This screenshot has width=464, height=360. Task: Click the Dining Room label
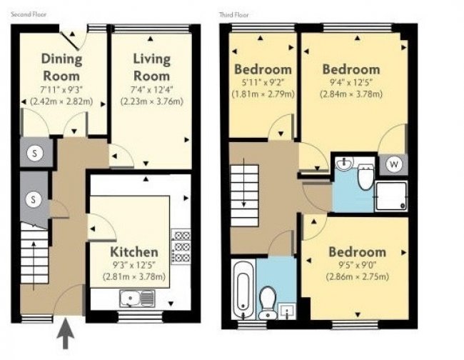[61, 66]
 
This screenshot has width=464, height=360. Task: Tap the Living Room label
[151, 66]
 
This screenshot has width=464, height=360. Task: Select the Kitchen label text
[133, 251]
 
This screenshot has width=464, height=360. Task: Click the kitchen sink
[136, 297]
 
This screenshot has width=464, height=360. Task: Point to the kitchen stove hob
[181, 245]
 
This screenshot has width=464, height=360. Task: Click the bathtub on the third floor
[242, 289]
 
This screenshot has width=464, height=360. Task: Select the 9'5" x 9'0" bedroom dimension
[357, 265]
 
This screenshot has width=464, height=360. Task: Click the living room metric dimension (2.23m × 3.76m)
[151, 101]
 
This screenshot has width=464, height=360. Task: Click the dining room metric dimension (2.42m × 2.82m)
[61, 101]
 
